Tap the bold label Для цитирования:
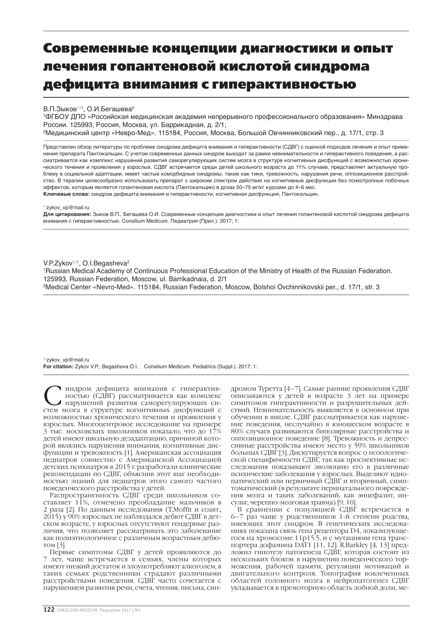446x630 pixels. (x=67, y=214)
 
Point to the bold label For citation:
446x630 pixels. (x=58, y=367)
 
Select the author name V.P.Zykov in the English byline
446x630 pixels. (x=58, y=263)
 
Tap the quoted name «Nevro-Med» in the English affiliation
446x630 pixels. (x=114, y=287)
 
